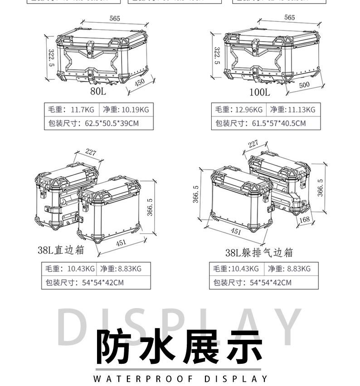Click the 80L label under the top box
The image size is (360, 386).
(x=98, y=92)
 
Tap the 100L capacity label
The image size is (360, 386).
(x=259, y=92)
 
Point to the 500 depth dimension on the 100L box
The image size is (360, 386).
(x=304, y=85)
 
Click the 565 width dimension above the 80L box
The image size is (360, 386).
(x=115, y=18)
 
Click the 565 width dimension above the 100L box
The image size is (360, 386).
(x=289, y=17)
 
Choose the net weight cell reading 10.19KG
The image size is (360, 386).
(x=126, y=110)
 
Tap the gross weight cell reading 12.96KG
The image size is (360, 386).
(x=239, y=110)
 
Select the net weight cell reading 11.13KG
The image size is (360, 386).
(x=292, y=110)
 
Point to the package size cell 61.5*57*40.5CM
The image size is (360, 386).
(x=266, y=123)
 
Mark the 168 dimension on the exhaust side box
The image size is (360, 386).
(x=305, y=220)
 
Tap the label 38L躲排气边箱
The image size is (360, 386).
(x=259, y=252)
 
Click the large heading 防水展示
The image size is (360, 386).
(x=180, y=347)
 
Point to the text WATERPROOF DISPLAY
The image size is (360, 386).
(x=180, y=378)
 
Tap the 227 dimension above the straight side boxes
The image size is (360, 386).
(x=91, y=152)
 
